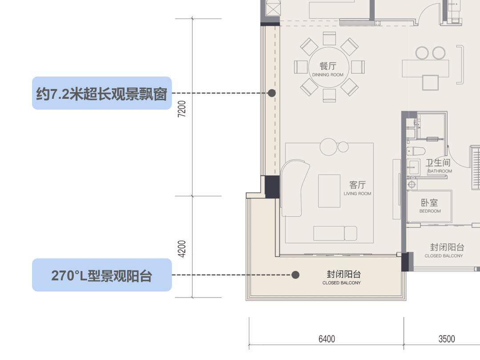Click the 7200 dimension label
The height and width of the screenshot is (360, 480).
click(x=182, y=109)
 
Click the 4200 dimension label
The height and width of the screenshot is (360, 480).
click(x=182, y=248)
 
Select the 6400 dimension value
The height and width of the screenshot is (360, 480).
click(x=327, y=339)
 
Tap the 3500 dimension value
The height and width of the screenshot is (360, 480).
click(x=447, y=339)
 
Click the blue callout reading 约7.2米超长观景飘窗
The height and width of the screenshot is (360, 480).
click(x=101, y=93)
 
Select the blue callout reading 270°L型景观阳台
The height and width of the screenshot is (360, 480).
click(x=101, y=275)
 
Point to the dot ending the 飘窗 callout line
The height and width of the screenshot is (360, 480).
click(x=272, y=93)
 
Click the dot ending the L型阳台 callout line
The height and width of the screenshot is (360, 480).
click(x=295, y=275)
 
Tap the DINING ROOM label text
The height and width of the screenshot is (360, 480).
click(x=328, y=75)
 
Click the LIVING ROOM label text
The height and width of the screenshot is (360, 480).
click(x=357, y=194)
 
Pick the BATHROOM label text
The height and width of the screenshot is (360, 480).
click(x=440, y=171)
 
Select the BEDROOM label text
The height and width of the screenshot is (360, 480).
click(x=430, y=211)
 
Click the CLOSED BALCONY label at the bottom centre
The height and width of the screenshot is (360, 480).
click(x=342, y=283)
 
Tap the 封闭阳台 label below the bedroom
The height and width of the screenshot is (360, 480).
click(x=447, y=247)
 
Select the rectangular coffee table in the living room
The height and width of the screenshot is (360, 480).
click(x=329, y=191)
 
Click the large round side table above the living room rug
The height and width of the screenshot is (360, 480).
click(x=329, y=147)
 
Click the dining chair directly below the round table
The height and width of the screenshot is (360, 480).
click(x=329, y=95)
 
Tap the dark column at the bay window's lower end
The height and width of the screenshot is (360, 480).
click(x=272, y=187)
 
